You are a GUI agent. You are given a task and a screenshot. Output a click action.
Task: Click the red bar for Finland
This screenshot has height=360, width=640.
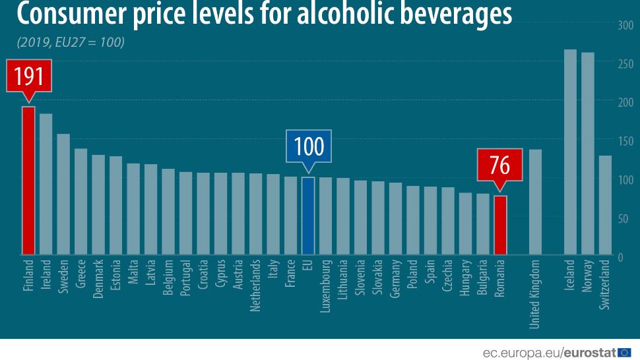point(28,180)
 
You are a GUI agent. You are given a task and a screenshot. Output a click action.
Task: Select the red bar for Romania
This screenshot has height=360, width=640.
point(500,225)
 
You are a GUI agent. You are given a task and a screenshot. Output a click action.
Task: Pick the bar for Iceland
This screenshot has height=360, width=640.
point(570,152)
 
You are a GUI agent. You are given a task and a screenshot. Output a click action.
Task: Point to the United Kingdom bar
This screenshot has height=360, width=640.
point(535,202)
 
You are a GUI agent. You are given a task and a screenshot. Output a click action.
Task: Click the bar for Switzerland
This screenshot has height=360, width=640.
point(605,205)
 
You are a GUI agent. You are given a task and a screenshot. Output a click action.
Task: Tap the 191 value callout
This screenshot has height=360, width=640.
point(28,76)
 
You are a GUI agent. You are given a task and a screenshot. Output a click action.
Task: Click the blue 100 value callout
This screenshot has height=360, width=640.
point(307,146)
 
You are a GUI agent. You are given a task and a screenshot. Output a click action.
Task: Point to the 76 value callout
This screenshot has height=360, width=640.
point(500,165)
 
